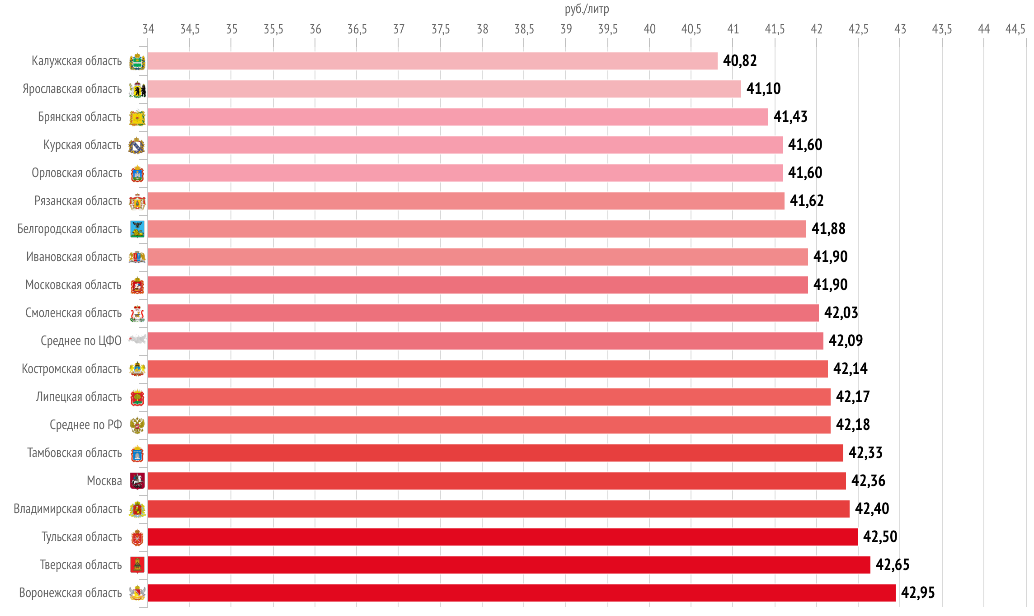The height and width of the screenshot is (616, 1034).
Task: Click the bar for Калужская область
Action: click(432, 61)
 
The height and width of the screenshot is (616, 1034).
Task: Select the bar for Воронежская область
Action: click(522, 593)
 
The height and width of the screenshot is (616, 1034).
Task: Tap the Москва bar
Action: click(497, 481)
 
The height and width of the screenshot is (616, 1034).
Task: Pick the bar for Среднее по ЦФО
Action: click(485, 341)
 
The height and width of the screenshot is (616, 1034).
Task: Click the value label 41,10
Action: click(763, 89)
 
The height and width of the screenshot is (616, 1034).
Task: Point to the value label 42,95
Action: click(918, 593)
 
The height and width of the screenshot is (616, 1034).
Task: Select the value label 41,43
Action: click(790, 117)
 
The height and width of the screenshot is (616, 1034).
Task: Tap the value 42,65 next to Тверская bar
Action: click(893, 565)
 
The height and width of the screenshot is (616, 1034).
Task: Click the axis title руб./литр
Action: click(587, 9)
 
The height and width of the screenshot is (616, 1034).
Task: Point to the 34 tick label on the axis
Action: click(148, 29)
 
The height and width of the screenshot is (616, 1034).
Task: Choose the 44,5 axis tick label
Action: click(1015, 29)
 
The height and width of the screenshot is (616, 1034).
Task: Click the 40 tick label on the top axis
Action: click(649, 29)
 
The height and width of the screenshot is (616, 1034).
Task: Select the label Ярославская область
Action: click(72, 89)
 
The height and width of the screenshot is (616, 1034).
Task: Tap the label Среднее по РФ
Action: click(86, 425)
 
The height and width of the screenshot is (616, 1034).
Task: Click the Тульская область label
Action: click(82, 537)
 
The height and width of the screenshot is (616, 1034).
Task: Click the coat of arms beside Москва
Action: click(137, 481)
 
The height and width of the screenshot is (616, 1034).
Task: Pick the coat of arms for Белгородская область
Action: click(137, 229)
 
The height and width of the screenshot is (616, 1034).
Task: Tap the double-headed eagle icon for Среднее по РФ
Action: click(137, 425)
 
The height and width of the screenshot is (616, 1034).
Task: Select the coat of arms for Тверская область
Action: click(137, 565)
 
